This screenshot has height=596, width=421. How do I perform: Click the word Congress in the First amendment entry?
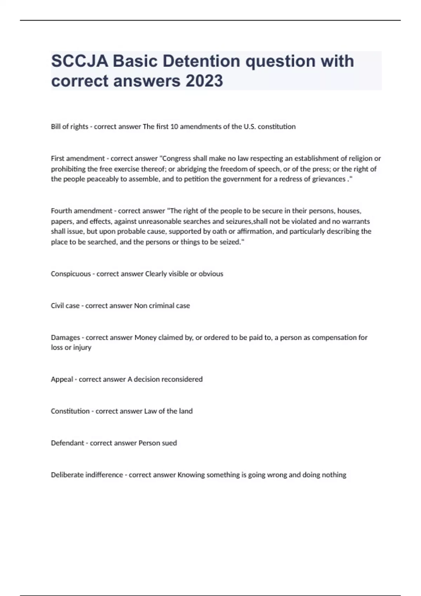175,158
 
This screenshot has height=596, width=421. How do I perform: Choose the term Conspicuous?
71,274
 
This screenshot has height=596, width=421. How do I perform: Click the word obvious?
211,274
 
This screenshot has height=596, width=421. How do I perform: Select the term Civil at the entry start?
57,306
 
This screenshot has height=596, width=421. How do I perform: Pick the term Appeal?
62,379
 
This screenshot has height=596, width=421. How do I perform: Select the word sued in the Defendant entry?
169,443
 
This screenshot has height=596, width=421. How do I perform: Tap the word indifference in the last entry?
104,475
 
